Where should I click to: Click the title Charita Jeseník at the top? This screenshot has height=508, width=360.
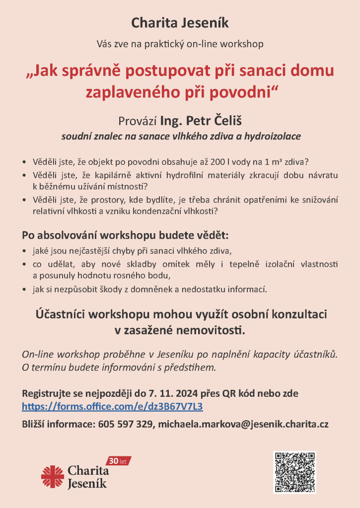pyautogui.click(x=180, y=22)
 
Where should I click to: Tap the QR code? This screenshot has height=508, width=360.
pyautogui.click(x=294, y=472)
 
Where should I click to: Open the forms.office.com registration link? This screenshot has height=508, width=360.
pyautogui.click(x=112, y=407)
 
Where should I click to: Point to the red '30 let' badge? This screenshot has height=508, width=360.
pyautogui.click(x=119, y=461)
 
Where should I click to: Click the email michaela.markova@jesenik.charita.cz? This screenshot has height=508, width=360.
pyautogui.click(x=243, y=425)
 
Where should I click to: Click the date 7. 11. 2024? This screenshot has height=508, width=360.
pyautogui.click(x=173, y=394)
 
